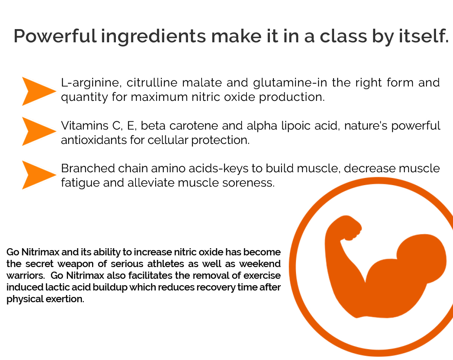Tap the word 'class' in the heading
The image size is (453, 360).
pyautogui.click(x=343, y=36)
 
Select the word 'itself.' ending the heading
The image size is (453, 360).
pyautogui.click(x=424, y=36)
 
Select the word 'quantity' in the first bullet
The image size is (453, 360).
pyautogui.click(x=85, y=97)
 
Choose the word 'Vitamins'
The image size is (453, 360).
pyautogui.click(x=85, y=125)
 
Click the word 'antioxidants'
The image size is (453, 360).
pyautogui.click(x=94, y=140)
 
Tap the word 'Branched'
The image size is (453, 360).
pyautogui.click(x=88, y=168)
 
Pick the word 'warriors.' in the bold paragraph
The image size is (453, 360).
pyautogui.click(x=26, y=275)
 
